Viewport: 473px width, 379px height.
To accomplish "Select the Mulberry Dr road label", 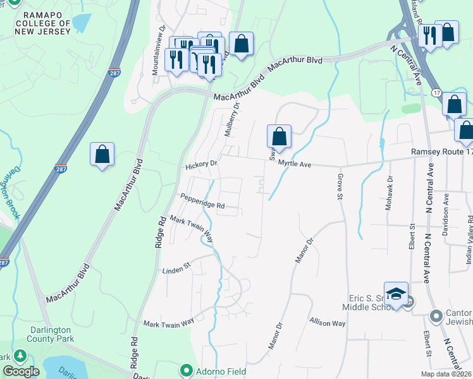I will [233, 119].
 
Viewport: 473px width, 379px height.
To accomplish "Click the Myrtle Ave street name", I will [295, 164].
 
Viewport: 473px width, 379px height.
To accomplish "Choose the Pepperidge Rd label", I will [202, 201].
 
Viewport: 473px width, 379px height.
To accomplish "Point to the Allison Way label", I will [328, 322].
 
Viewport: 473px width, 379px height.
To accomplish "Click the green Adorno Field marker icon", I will [186, 369].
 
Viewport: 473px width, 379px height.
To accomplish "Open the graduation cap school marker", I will [396, 294].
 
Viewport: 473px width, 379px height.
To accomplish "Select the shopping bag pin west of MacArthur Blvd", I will [102, 153].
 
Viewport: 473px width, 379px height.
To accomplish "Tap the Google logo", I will [21, 371].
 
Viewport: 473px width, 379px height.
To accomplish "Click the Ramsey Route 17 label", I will [441, 152].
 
